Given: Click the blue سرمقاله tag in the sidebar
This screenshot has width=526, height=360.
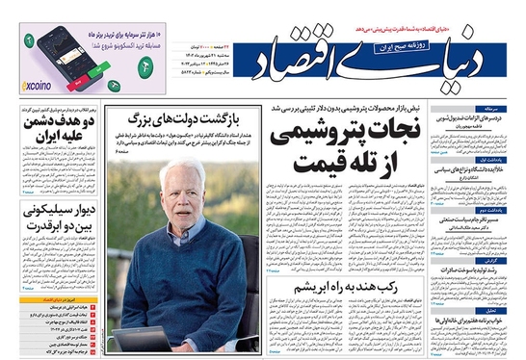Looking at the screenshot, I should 507,110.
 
